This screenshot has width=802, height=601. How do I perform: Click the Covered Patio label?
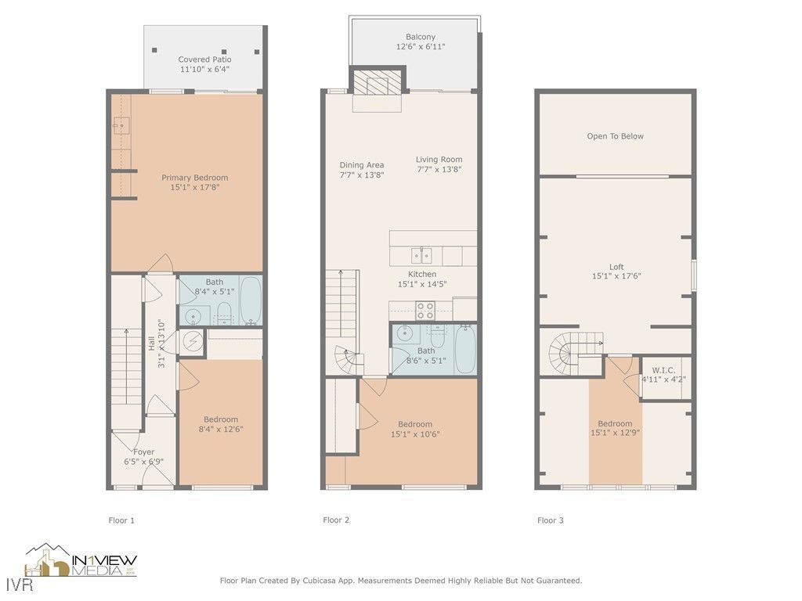[x=204, y=59]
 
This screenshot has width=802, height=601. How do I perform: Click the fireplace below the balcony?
[x=378, y=82]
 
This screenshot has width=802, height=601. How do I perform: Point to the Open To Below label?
[x=615, y=136]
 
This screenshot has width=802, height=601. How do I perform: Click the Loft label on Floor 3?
[x=616, y=267]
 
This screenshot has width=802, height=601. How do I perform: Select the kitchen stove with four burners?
[x=425, y=310]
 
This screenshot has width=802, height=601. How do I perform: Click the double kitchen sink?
[x=421, y=255]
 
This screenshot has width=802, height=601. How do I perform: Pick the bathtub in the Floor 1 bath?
[x=251, y=300]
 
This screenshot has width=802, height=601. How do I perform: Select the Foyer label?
[x=143, y=452]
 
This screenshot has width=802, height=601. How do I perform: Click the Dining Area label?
[x=361, y=165]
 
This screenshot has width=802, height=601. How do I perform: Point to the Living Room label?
[x=439, y=160]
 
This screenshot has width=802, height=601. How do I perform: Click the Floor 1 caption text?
[x=121, y=520]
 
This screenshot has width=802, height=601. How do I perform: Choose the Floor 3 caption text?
[x=550, y=520]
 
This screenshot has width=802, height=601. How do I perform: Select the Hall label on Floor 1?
[x=152, y=343]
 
